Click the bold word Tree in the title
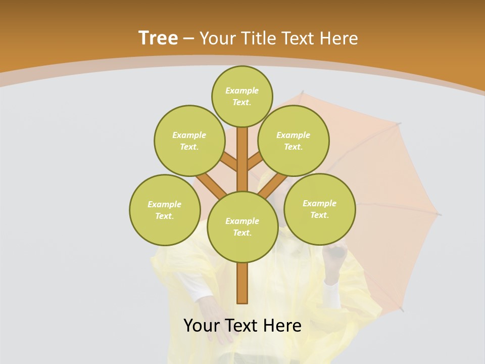pos(158,38)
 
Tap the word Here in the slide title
pos(338,38)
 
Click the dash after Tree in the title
pos(189,39)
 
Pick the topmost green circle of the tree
pos(242,96)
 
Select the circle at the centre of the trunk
pos(243,227)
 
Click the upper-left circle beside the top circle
pos(189,141)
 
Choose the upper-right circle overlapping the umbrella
pos(294,141)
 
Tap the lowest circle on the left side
pos(165,210)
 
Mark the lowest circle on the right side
pos(319,209)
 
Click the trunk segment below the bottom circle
pos(243,283)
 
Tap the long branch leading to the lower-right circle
pos(273,186)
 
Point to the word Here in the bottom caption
pos(283,326)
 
